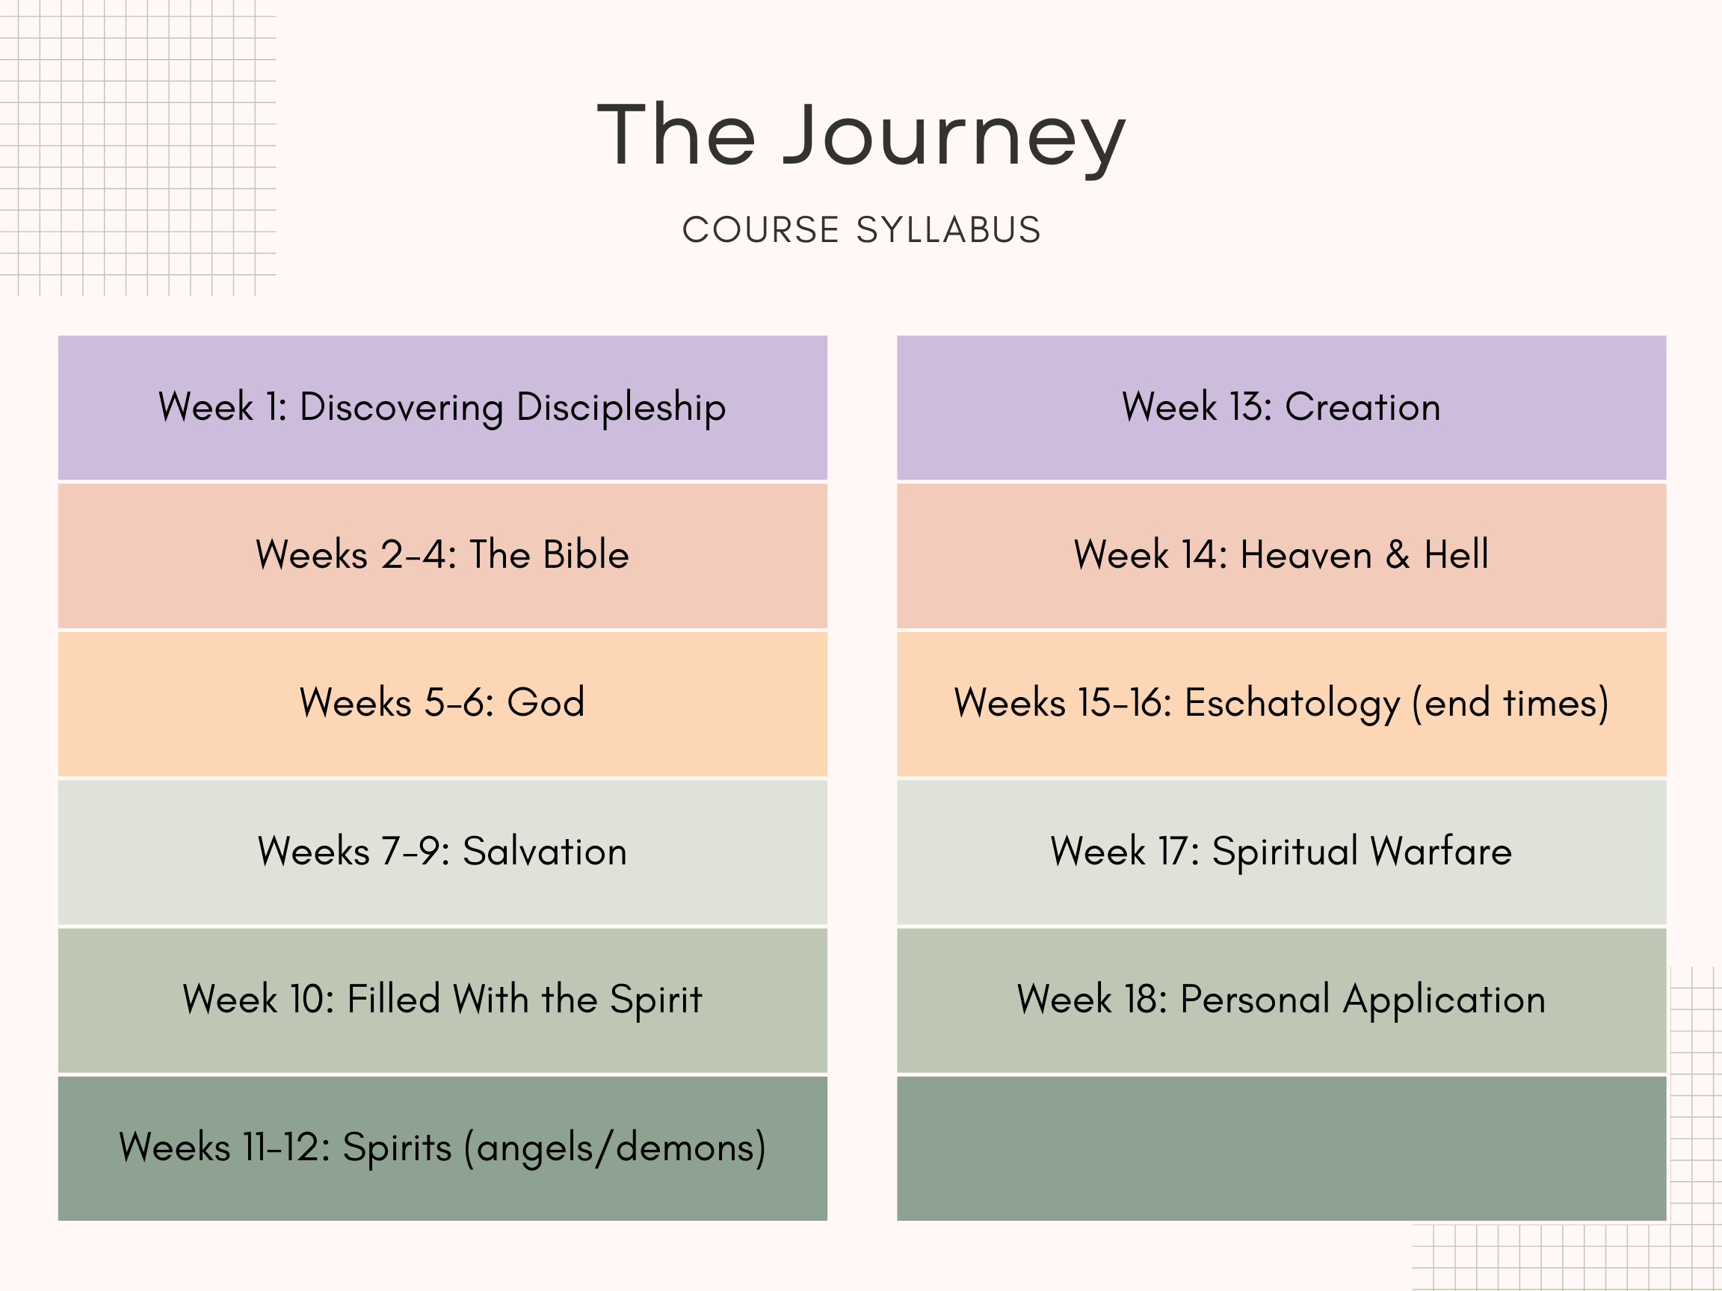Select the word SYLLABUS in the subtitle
pyautogui.click(x=948, y=230)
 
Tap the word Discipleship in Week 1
pyautogui.click(x=621, y=408)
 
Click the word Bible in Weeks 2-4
pyautogui.click(x=585, y=555)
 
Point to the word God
pyautogui.click(x=546, y=703)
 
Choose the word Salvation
pyautogui.click(x=545, y=850)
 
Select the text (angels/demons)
pyautogui.click(x=615, y=1148)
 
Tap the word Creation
pyautogui.click(x=1363, y=407)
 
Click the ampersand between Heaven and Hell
pyautogui.click(x=1398, y=555)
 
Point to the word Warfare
pyautogui.click(x=1440, y=850)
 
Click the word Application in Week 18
pyautogui.click(x=1444, y=1000)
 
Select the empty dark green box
pyautogui.click(x=1281, y=1148)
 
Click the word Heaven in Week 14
pyautogui.click(x=1306, y=555)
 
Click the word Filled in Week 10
pyautogui.click(x=394, y=999)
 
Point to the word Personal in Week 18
pyautogui.click(x=1255, y=999)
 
